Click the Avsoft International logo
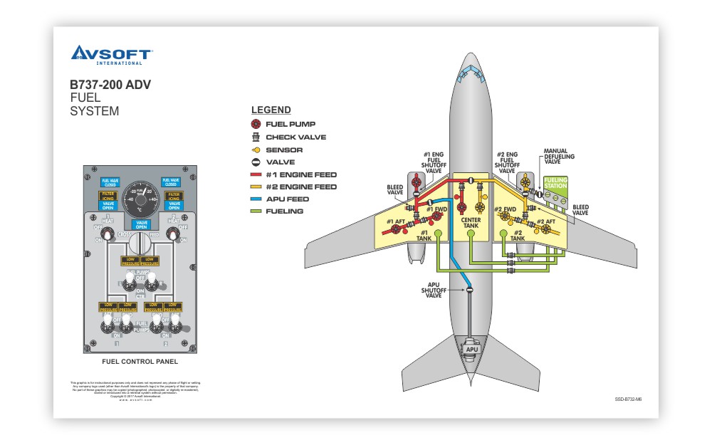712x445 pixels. pos(112,54)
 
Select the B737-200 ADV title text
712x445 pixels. pos(110,84)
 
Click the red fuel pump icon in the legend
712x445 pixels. pos(256,124)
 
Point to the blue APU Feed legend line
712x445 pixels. pos(256,199)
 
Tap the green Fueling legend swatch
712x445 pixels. pos(256,211)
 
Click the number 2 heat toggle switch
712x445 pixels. pos(172,233)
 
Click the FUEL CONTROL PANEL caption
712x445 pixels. pos(140,361)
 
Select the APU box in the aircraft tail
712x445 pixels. pos(471,350)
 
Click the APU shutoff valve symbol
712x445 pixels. pos(470,289)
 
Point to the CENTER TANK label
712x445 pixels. pos(471,222)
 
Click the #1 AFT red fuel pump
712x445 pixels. pos(396,231)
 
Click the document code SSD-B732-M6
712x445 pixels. pos(629,399)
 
